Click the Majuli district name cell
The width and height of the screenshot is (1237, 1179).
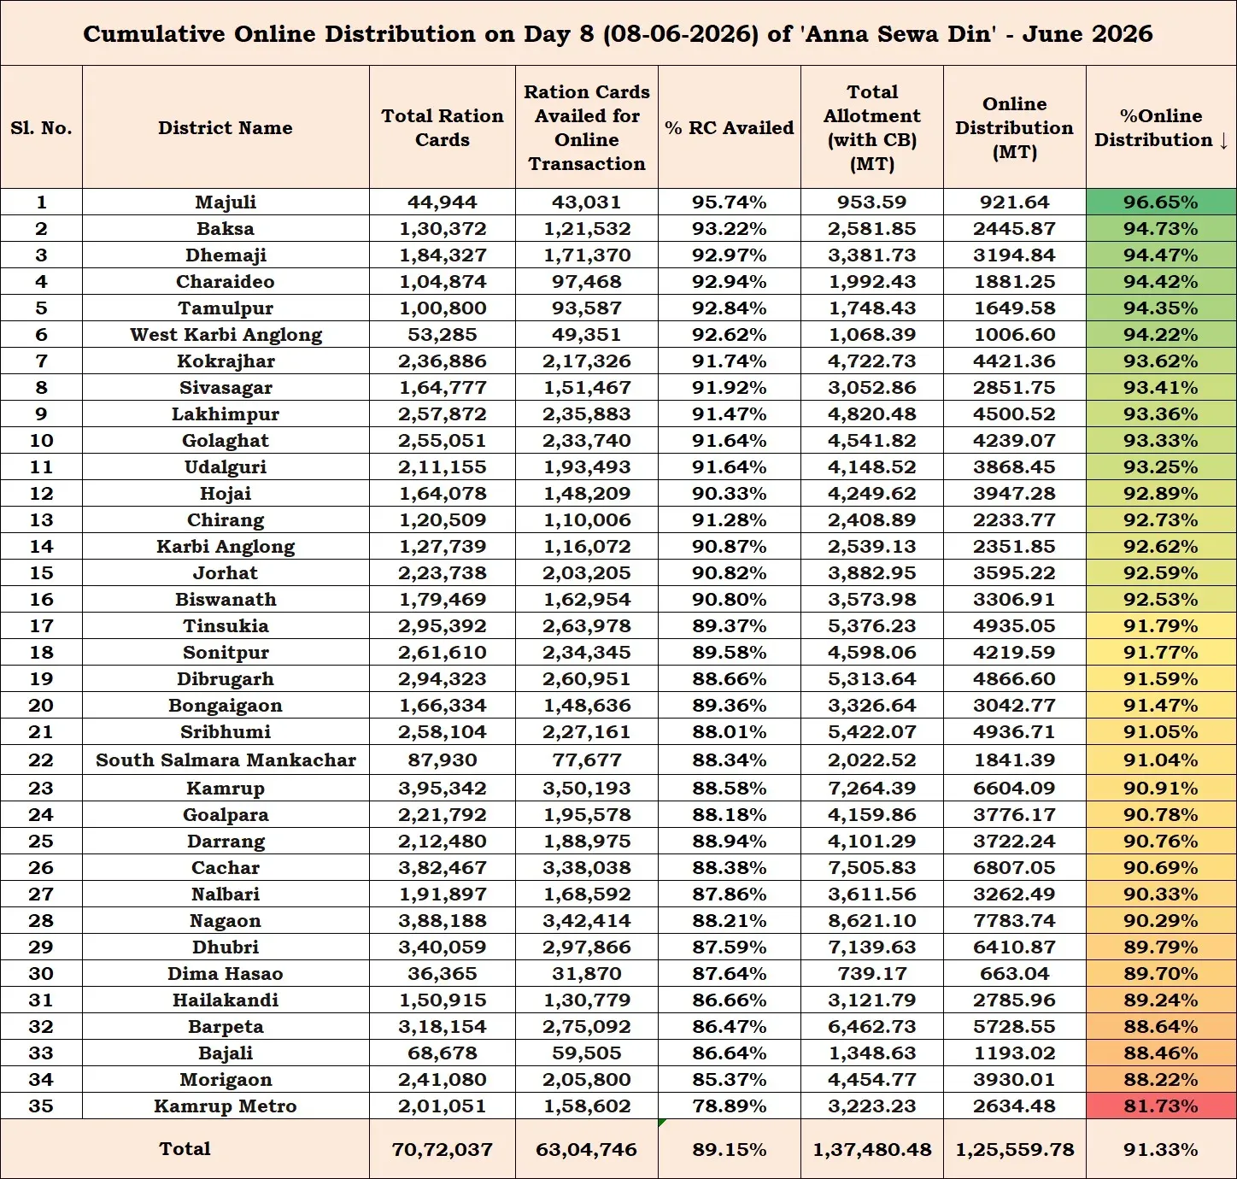pyautogui.click(x=226, y=202)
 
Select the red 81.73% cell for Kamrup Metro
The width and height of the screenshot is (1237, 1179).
pyautogui.click(x=1161, y=1106)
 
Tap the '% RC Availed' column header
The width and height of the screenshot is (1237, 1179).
pyautogui.click(x=730, y=128)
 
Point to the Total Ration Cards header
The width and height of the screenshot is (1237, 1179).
pyautogui.click(x=443, y=128)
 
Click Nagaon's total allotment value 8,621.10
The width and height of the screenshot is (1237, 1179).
pyautogui.click(x=872, y=920)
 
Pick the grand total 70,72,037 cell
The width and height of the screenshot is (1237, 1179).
pyautogui.click(x=443, y=1149)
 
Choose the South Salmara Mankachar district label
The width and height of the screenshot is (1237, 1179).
pyautogui.click(x=226, y=760)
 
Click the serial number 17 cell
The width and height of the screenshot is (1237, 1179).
pyautogui.click(x=42, y=625)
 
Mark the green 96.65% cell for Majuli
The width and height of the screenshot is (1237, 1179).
pyautogui.click(x=1161, y=202)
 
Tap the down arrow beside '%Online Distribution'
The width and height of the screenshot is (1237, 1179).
pyautogui.click(x=1223, y=141)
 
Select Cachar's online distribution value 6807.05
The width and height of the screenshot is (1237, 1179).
pyautogui.click(x=1014, y=867)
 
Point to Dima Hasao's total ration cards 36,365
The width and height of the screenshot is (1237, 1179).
pyautogui.click(x=443, y=973)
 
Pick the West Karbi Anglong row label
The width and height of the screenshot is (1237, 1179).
pyautogui.click(x=226, y=335)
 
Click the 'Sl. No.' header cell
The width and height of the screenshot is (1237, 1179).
pyautogui.click(x=42, y=128)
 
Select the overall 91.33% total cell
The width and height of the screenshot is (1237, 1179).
pyautogui.click(x=1161, y=1149)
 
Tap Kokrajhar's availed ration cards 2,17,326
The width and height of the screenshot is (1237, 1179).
pyautogui.click(x=586, y=361)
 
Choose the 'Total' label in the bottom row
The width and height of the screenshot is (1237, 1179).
pyautogui.click(x=185, y=1149)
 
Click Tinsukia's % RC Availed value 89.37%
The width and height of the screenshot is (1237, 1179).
pyautogui.click(x=730, y=625)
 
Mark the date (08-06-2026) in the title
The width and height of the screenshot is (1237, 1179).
pyautogui.click(x=681, y=34)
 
